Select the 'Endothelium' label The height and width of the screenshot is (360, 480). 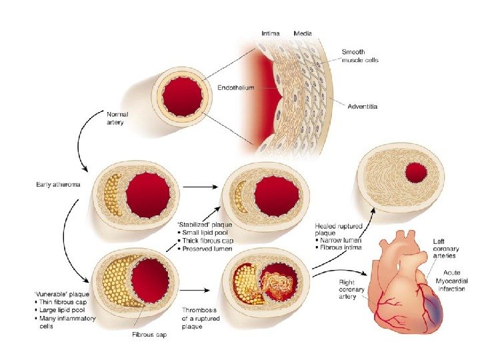pos(235,87)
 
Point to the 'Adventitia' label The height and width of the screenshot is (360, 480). pos(365,105)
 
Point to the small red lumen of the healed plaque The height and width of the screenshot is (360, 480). pos(417,173)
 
